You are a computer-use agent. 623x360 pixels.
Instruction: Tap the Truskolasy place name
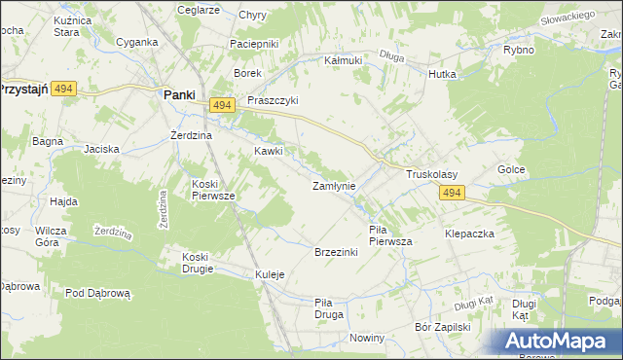click(x=431, y=174)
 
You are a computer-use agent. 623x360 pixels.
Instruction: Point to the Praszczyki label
click(x=273, y=100)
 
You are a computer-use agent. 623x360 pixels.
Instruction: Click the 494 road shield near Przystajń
click(x=64, y=88)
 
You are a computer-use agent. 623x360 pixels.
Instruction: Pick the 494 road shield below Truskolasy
click(x=450, y=194)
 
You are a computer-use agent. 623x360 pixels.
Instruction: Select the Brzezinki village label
click(x=336, y=252)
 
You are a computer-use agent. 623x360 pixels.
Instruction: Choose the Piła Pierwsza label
click(x=390, y=234)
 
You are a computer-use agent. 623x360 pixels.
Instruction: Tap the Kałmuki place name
click(x=343, y=59)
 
